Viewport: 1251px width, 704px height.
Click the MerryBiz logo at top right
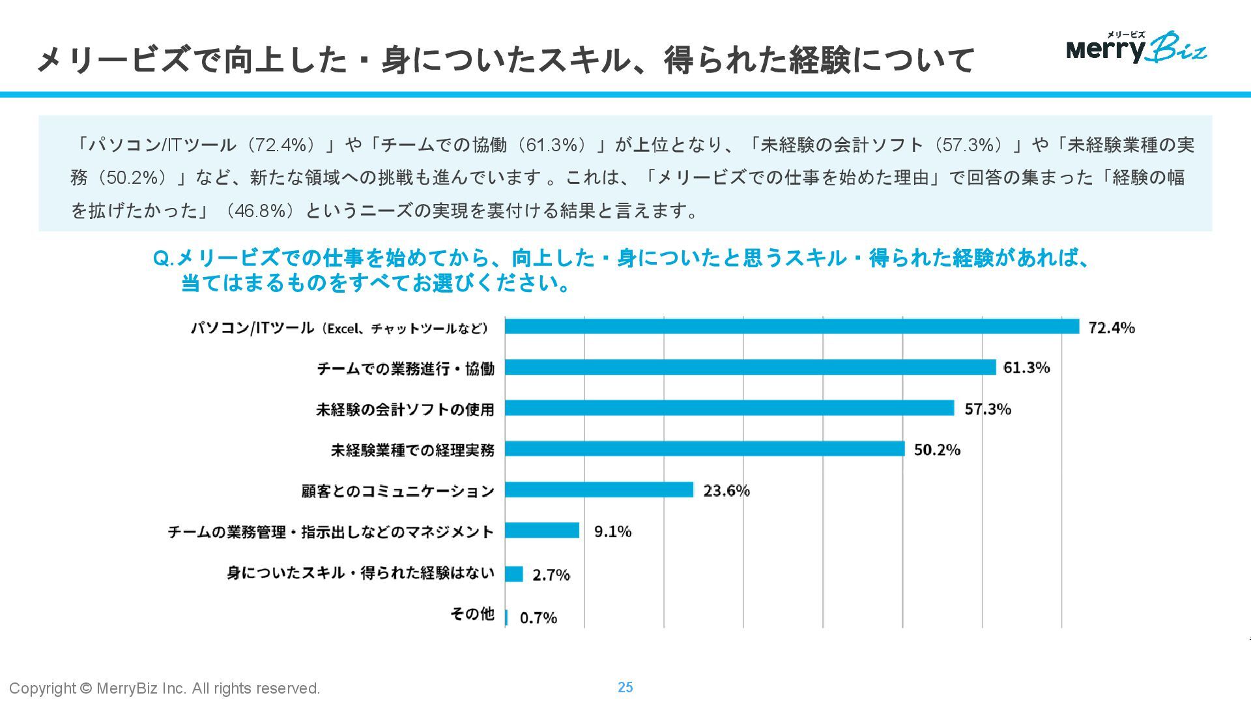pos(1136,48)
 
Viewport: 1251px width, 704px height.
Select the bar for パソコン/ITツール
pos(792,327)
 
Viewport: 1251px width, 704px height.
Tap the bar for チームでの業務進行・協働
pos(750,368)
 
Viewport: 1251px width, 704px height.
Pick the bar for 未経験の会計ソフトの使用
pos(729,409)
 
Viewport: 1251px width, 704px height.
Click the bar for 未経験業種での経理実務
pos(704,449)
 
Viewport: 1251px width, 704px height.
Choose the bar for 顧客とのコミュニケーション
pos(599,490)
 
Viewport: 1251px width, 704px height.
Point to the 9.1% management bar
pos(542,531)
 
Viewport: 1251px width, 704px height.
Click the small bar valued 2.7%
pos(514,574)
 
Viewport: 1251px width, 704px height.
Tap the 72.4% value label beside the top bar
pos(1112,328)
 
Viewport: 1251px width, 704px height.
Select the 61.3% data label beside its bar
pos(1027,368)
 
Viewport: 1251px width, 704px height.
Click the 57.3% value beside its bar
pos(988,409)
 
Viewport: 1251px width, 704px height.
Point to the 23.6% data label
pos(726,491)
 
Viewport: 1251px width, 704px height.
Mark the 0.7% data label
pos(538,618)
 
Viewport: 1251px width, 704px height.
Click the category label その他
pos(472,614)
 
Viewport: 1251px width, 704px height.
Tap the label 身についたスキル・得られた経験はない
pos(360,573)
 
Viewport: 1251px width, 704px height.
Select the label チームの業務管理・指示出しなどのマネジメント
pos(331,532)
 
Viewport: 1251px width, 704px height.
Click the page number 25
pos(625,687)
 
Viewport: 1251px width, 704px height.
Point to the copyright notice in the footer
pos(165,688)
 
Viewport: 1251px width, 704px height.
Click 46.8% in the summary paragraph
pos(259,211)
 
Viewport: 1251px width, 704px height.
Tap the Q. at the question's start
pos(164,259)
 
